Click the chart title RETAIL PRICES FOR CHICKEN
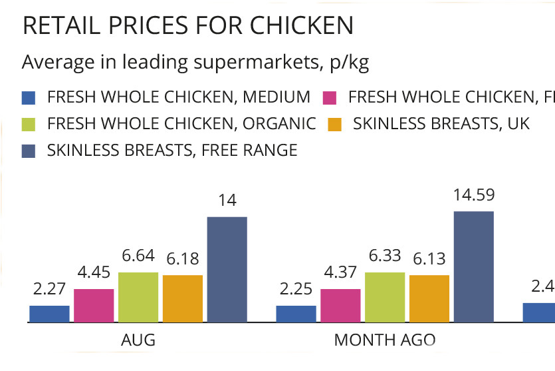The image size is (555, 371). click(187, 25)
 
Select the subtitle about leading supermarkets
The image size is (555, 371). click(195, 63)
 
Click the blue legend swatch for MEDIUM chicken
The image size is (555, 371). click(28, 97)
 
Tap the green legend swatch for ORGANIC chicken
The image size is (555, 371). click(28, 124)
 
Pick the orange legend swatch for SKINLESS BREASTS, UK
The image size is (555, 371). click(335, 124)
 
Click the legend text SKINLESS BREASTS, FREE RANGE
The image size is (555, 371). click(171, 151)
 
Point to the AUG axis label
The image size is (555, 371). click(138, 340)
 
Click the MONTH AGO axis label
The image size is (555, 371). click(385, 340)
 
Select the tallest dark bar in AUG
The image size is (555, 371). click(227, 269)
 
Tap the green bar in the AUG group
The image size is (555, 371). click(138, 297)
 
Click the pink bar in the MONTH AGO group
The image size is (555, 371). click(340, 305)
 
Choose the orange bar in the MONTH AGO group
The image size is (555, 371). click(429, 298)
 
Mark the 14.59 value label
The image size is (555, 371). click(473, 195)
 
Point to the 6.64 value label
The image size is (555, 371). click(138, 256)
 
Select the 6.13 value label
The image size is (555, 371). click(429, 258)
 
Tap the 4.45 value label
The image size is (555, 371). click(94, 272)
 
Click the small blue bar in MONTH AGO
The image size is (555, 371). click(296, 314)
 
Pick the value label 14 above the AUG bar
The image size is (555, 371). click(227, 200)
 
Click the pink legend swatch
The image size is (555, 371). click(329, 97)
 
